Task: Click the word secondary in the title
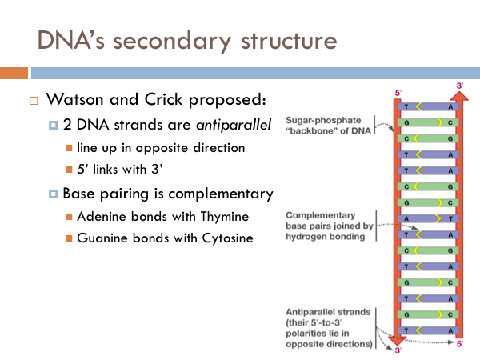tap(172, 41)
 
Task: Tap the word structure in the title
tap(290, 41)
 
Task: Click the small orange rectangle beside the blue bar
tap(14, 73)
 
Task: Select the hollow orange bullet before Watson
tap(34, 101)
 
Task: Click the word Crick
tap(163, 99)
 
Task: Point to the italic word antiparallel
tap(234, 125)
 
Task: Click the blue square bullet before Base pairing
tap(53, 194)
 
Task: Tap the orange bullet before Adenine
tap(69, 217)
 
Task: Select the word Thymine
tap(225, 217)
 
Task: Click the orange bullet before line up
tap(69, 148)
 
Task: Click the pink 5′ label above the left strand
tap(398, 93)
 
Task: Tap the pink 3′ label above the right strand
tap(460, 86)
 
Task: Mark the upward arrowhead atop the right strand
tap(459, 96)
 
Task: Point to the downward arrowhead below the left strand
tap(397, 341)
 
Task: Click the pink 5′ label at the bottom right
tap(460, 344)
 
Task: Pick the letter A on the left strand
tap(406, 219)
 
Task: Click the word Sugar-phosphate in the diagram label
tap(323, 120)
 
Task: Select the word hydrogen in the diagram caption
tap(302, 237)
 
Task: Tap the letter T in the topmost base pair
tap(406, 107)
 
